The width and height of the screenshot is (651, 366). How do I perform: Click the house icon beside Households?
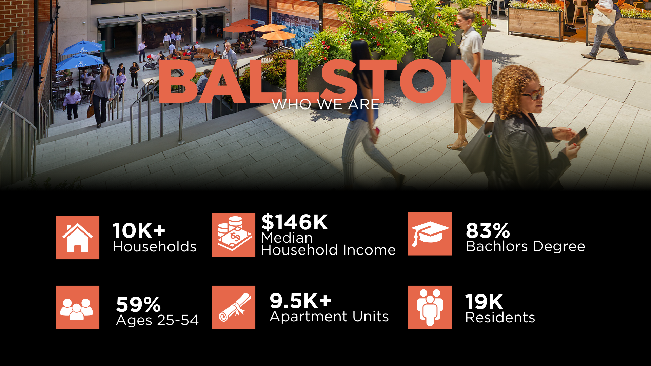(x=78, y=238)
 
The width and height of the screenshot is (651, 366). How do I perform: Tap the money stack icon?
(x=234, y=235)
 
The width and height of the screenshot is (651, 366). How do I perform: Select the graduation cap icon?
(x=430, y=233)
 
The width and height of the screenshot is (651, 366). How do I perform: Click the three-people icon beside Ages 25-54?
(x=78, y=307)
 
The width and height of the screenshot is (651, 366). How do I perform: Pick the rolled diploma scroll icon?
(x=234, y=307)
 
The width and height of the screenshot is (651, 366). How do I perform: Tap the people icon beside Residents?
(x=430, y=307)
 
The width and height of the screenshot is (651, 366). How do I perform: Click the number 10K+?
(x=139, y=230)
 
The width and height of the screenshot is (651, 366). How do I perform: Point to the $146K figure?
(x=295, y=222)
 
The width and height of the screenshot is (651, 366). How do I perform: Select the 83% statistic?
(x=488, y=230)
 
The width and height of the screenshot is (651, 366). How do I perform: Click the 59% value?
(x=138, y=304)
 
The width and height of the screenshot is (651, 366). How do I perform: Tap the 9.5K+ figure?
(x=300, y=300)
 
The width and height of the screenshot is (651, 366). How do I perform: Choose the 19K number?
(x=484, y=302)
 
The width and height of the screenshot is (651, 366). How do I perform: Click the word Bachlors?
(x=497, y=246)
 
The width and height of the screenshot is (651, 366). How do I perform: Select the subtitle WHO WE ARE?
(x=325, y=104)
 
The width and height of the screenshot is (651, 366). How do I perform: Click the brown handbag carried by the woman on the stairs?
(x=91, y=110)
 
